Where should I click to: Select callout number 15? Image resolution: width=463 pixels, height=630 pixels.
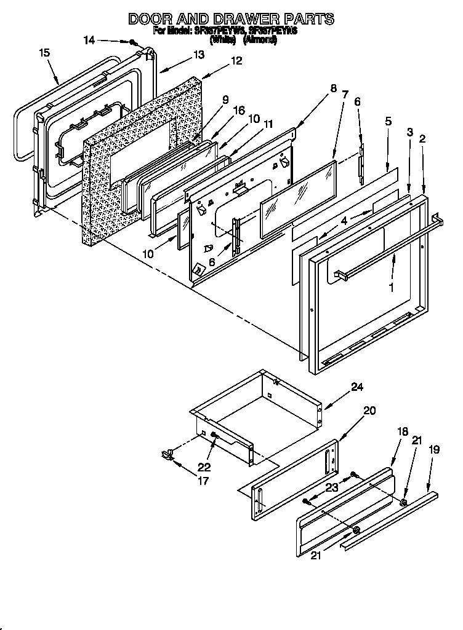point(44,53)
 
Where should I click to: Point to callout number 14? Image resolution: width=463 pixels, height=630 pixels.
point(89,40)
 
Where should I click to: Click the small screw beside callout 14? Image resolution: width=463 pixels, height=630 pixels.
point(132,42)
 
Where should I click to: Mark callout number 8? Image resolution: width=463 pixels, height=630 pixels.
point(333,88)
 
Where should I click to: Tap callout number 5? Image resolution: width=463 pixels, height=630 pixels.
point(389,121)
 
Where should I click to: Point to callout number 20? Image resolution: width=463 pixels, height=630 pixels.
point(369,410)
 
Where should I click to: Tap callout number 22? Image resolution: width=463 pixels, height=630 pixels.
point(204,467)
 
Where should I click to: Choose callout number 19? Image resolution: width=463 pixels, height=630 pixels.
point(434,449)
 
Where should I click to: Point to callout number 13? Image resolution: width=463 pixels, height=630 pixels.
point(198,55)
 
